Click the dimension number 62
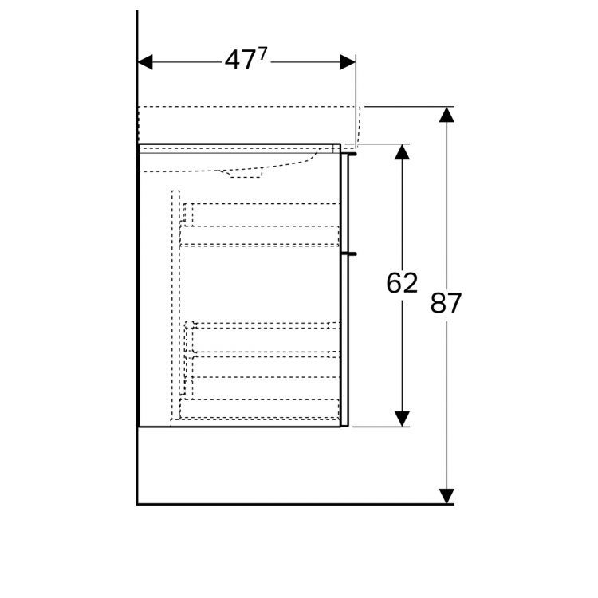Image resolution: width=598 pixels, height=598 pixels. pos(402,283)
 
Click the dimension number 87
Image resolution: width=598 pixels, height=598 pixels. pos(447,303)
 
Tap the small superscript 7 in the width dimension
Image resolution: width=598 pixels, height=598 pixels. pos(262,53)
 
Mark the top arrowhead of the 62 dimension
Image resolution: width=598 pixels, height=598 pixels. pos(402,151)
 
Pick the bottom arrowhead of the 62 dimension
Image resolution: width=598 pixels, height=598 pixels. pos(402,418)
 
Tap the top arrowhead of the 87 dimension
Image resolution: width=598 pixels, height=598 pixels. pos(447,114)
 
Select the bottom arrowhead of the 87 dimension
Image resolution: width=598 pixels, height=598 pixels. pos(447,496)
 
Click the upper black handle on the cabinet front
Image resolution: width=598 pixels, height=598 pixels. pos(350,149)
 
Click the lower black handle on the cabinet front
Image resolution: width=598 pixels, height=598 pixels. pos(350,254)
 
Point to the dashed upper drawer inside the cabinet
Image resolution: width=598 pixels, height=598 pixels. pos(259,225)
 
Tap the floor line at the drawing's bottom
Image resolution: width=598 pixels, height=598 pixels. pos(295,504)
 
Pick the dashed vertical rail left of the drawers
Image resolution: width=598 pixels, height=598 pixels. pos(175,303)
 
